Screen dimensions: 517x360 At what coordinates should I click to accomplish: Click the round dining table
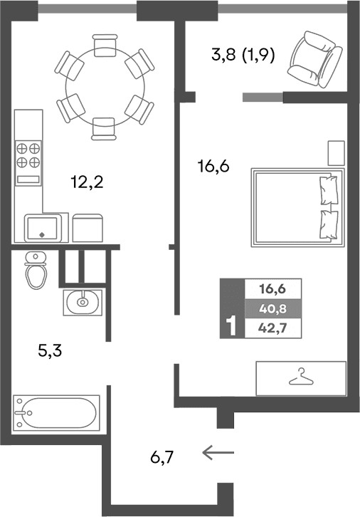tap(105, 86)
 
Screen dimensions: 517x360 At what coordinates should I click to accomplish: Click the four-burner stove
tap(28, 155)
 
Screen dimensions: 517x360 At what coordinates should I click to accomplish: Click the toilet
tap(35, 269)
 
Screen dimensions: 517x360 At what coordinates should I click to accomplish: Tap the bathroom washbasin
tap(83, 301)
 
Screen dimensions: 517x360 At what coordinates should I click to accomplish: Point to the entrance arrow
tap(218, 451)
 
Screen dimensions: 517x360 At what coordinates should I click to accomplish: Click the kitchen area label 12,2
tap(88, 183)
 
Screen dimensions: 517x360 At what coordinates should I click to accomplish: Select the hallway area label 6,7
tap(162, 456)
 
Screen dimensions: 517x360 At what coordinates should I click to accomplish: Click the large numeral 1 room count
tap(231, 326)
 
